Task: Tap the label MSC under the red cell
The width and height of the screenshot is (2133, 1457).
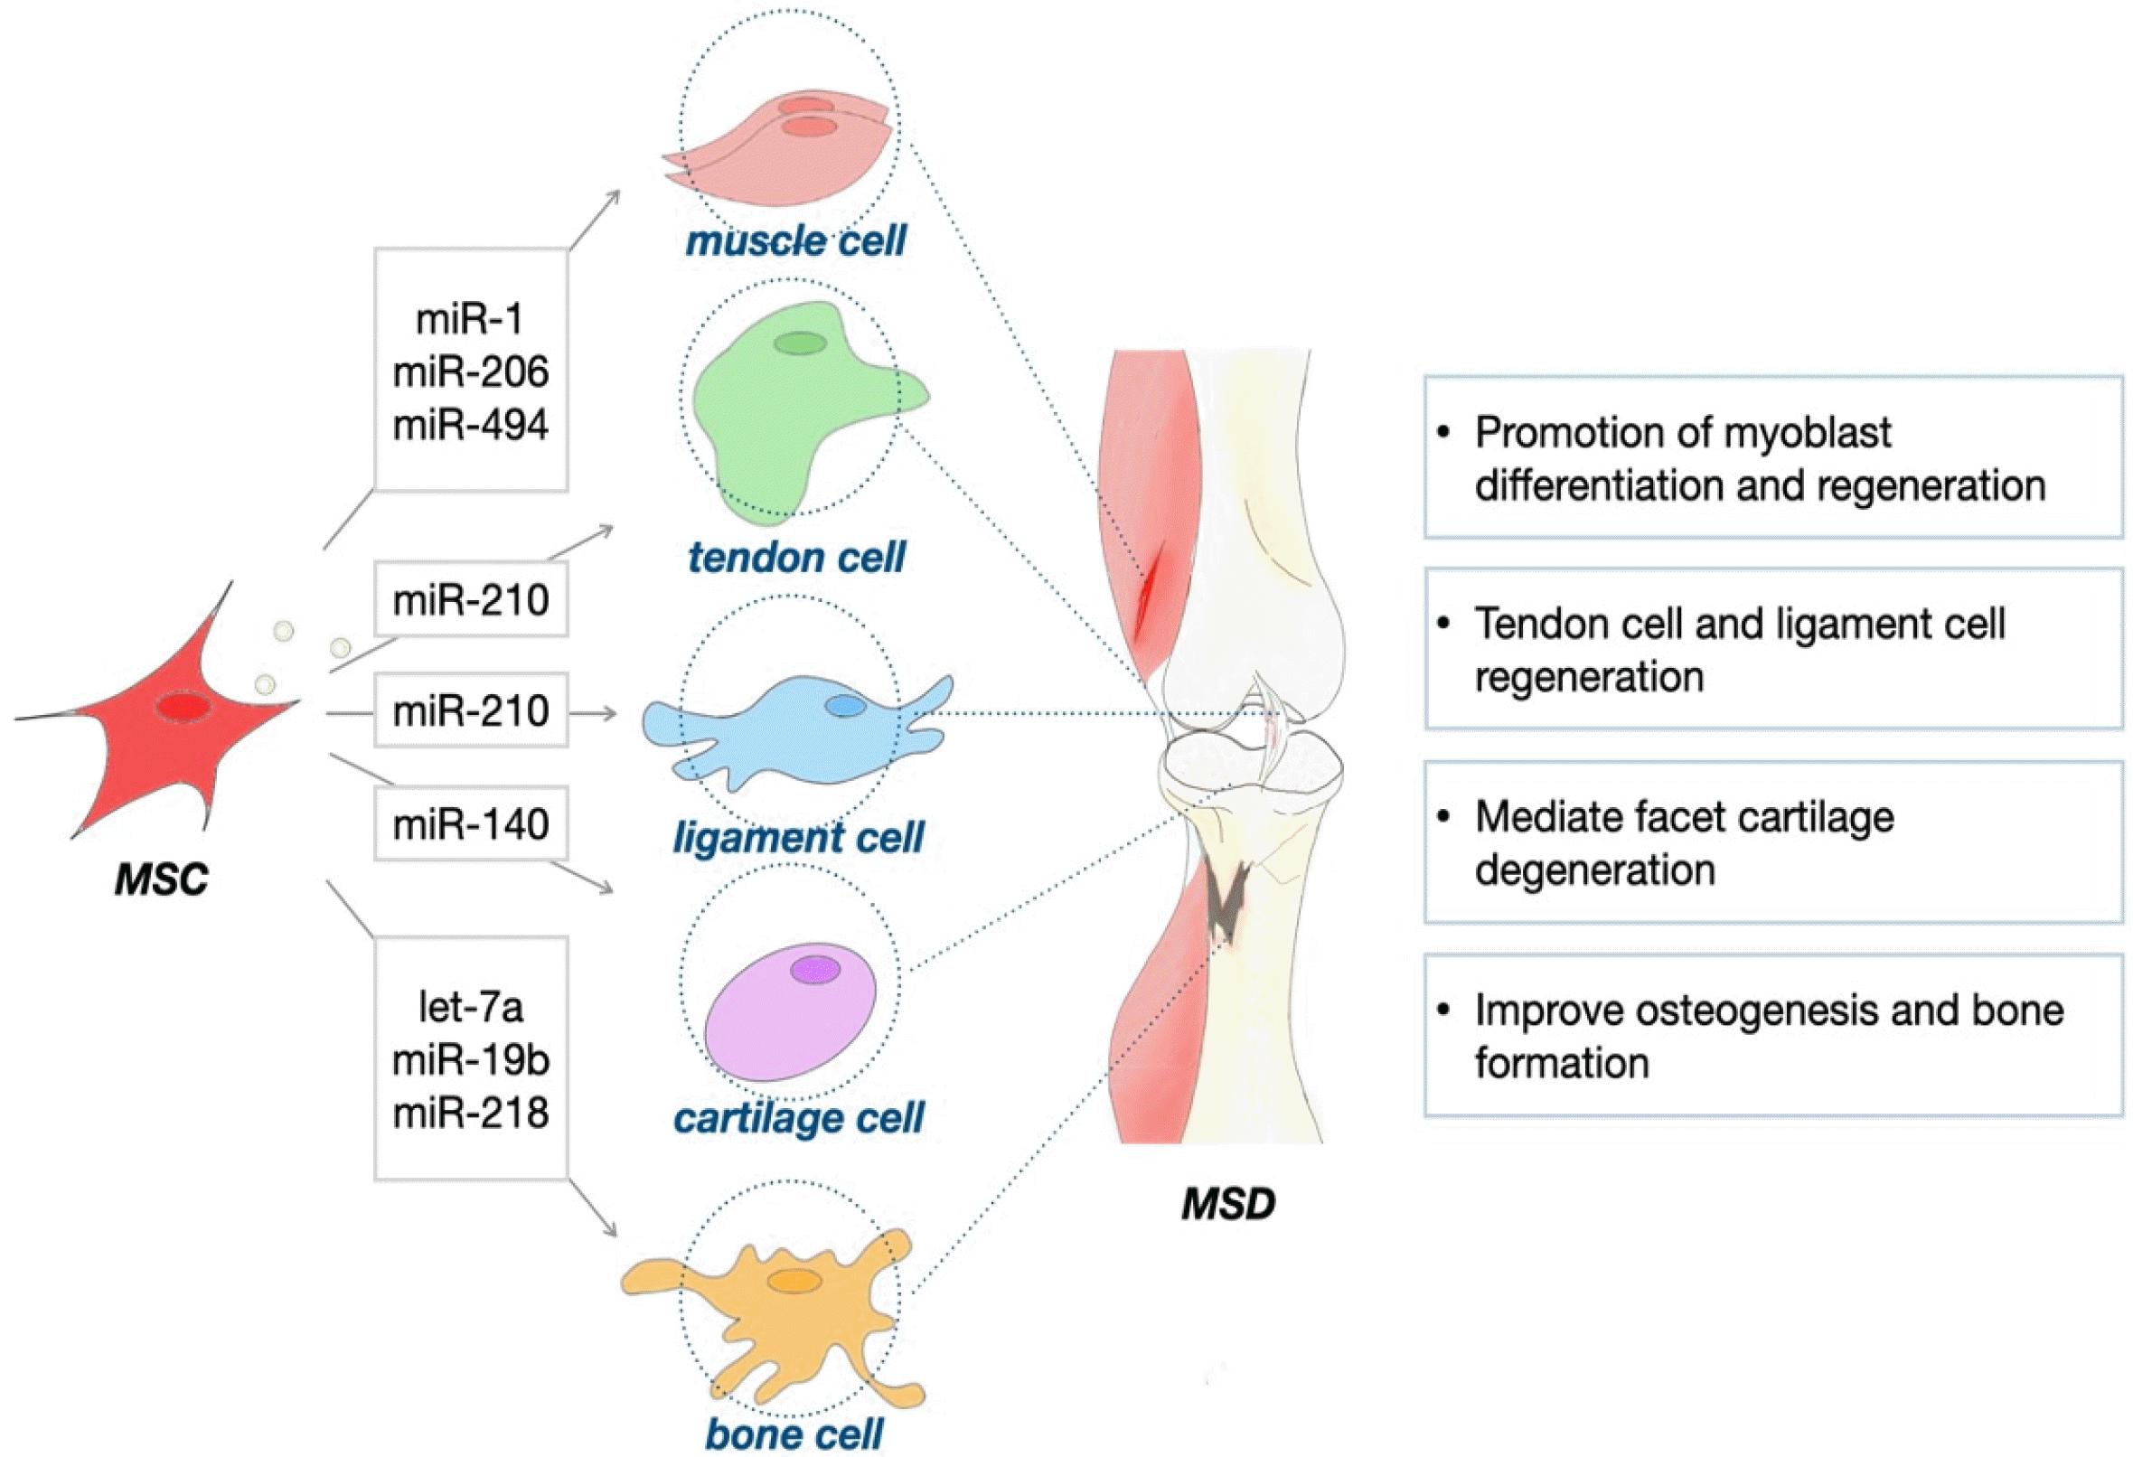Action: pyautogui.click(x=162, y=879)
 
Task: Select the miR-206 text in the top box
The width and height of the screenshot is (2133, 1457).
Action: pyautogui.click(x=471, y=371)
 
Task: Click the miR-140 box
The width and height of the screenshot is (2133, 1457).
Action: pyautogui.click(x=471, y=823)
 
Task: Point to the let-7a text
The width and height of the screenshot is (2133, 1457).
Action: pyautogui.click(x=471, y=1007)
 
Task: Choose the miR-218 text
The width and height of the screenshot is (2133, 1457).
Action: pyautogui.click(x=471, y=1113)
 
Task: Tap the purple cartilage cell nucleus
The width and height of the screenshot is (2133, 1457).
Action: pyautogui.click(x=815, y=970)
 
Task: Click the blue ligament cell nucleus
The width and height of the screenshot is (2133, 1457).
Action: pyautogui.click(x=844, y=705)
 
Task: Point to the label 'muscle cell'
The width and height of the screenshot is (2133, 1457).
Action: pyautogui.click(x=795, y=241)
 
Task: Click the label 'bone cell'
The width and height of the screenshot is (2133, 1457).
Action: pyautogui.click(x=794, y=1433)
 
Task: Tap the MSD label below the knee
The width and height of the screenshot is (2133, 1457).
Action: pyautogui.click(x=1228, y=1204)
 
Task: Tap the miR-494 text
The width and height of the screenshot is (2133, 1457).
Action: pyautogui.click(x=471, y=425)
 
